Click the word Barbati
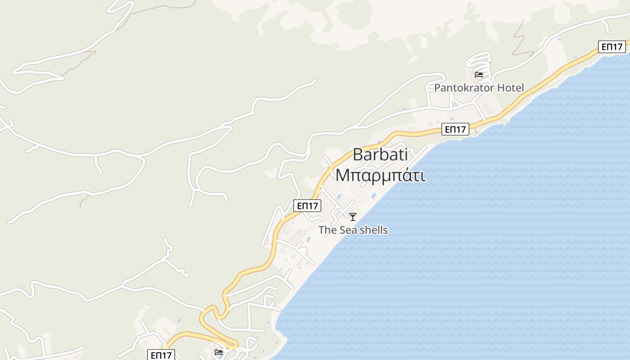(x=380, y=155)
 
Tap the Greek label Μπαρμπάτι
(x=380, y=175)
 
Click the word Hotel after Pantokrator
(x=508, y=88)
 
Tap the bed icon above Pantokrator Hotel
(x=479, y=74)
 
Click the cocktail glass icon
(x=353, y=217)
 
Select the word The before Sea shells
(x=328, y=230)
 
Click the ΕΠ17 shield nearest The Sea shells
(x=308, y=206)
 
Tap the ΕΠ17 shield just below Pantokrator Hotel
(x=455, y=130)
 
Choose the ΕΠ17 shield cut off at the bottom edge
(x=161, y=355)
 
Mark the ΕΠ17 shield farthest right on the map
(x=612, y=46)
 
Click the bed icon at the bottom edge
(x=219, y=352)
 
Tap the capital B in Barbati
(x=358, y=155)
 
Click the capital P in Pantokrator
(x=437, y=88)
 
